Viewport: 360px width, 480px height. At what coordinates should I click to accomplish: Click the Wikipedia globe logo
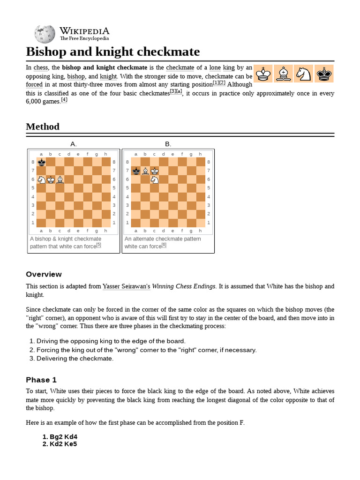click(x=45, y=34)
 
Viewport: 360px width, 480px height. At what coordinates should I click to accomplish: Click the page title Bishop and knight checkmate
click(x=112, y=52)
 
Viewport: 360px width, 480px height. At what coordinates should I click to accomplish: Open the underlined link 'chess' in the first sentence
click(x=40, y=67)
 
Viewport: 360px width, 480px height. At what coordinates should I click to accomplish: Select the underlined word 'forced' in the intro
click(x=34, y=85)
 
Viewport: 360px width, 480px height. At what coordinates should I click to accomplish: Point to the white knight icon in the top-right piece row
click(x=303, y=74)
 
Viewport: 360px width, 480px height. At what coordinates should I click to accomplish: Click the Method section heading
click(x=43, y=127)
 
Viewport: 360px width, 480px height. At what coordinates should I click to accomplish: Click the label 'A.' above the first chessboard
click(x=74, y=144)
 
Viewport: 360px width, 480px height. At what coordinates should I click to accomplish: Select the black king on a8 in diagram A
click(x=41, y=162)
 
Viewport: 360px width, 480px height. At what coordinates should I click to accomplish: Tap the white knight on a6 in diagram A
click(x=41, y=180)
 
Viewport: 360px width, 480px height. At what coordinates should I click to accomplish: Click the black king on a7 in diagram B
click(x=135, y=171)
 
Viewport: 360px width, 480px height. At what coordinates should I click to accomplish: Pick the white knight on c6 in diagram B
click(x=154, y=180)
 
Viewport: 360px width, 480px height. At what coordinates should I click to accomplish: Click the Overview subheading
click(x=44, y=274)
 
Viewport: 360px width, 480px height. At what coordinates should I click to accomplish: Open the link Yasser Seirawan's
click(x=126, y=286)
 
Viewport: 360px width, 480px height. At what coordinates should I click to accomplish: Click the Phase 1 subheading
click(x=41, y=380)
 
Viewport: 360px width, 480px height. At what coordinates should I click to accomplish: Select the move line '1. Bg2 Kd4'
click(x=60, y=437)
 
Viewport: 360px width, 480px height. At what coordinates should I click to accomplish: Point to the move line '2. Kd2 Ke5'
click(x=60, y=444)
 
